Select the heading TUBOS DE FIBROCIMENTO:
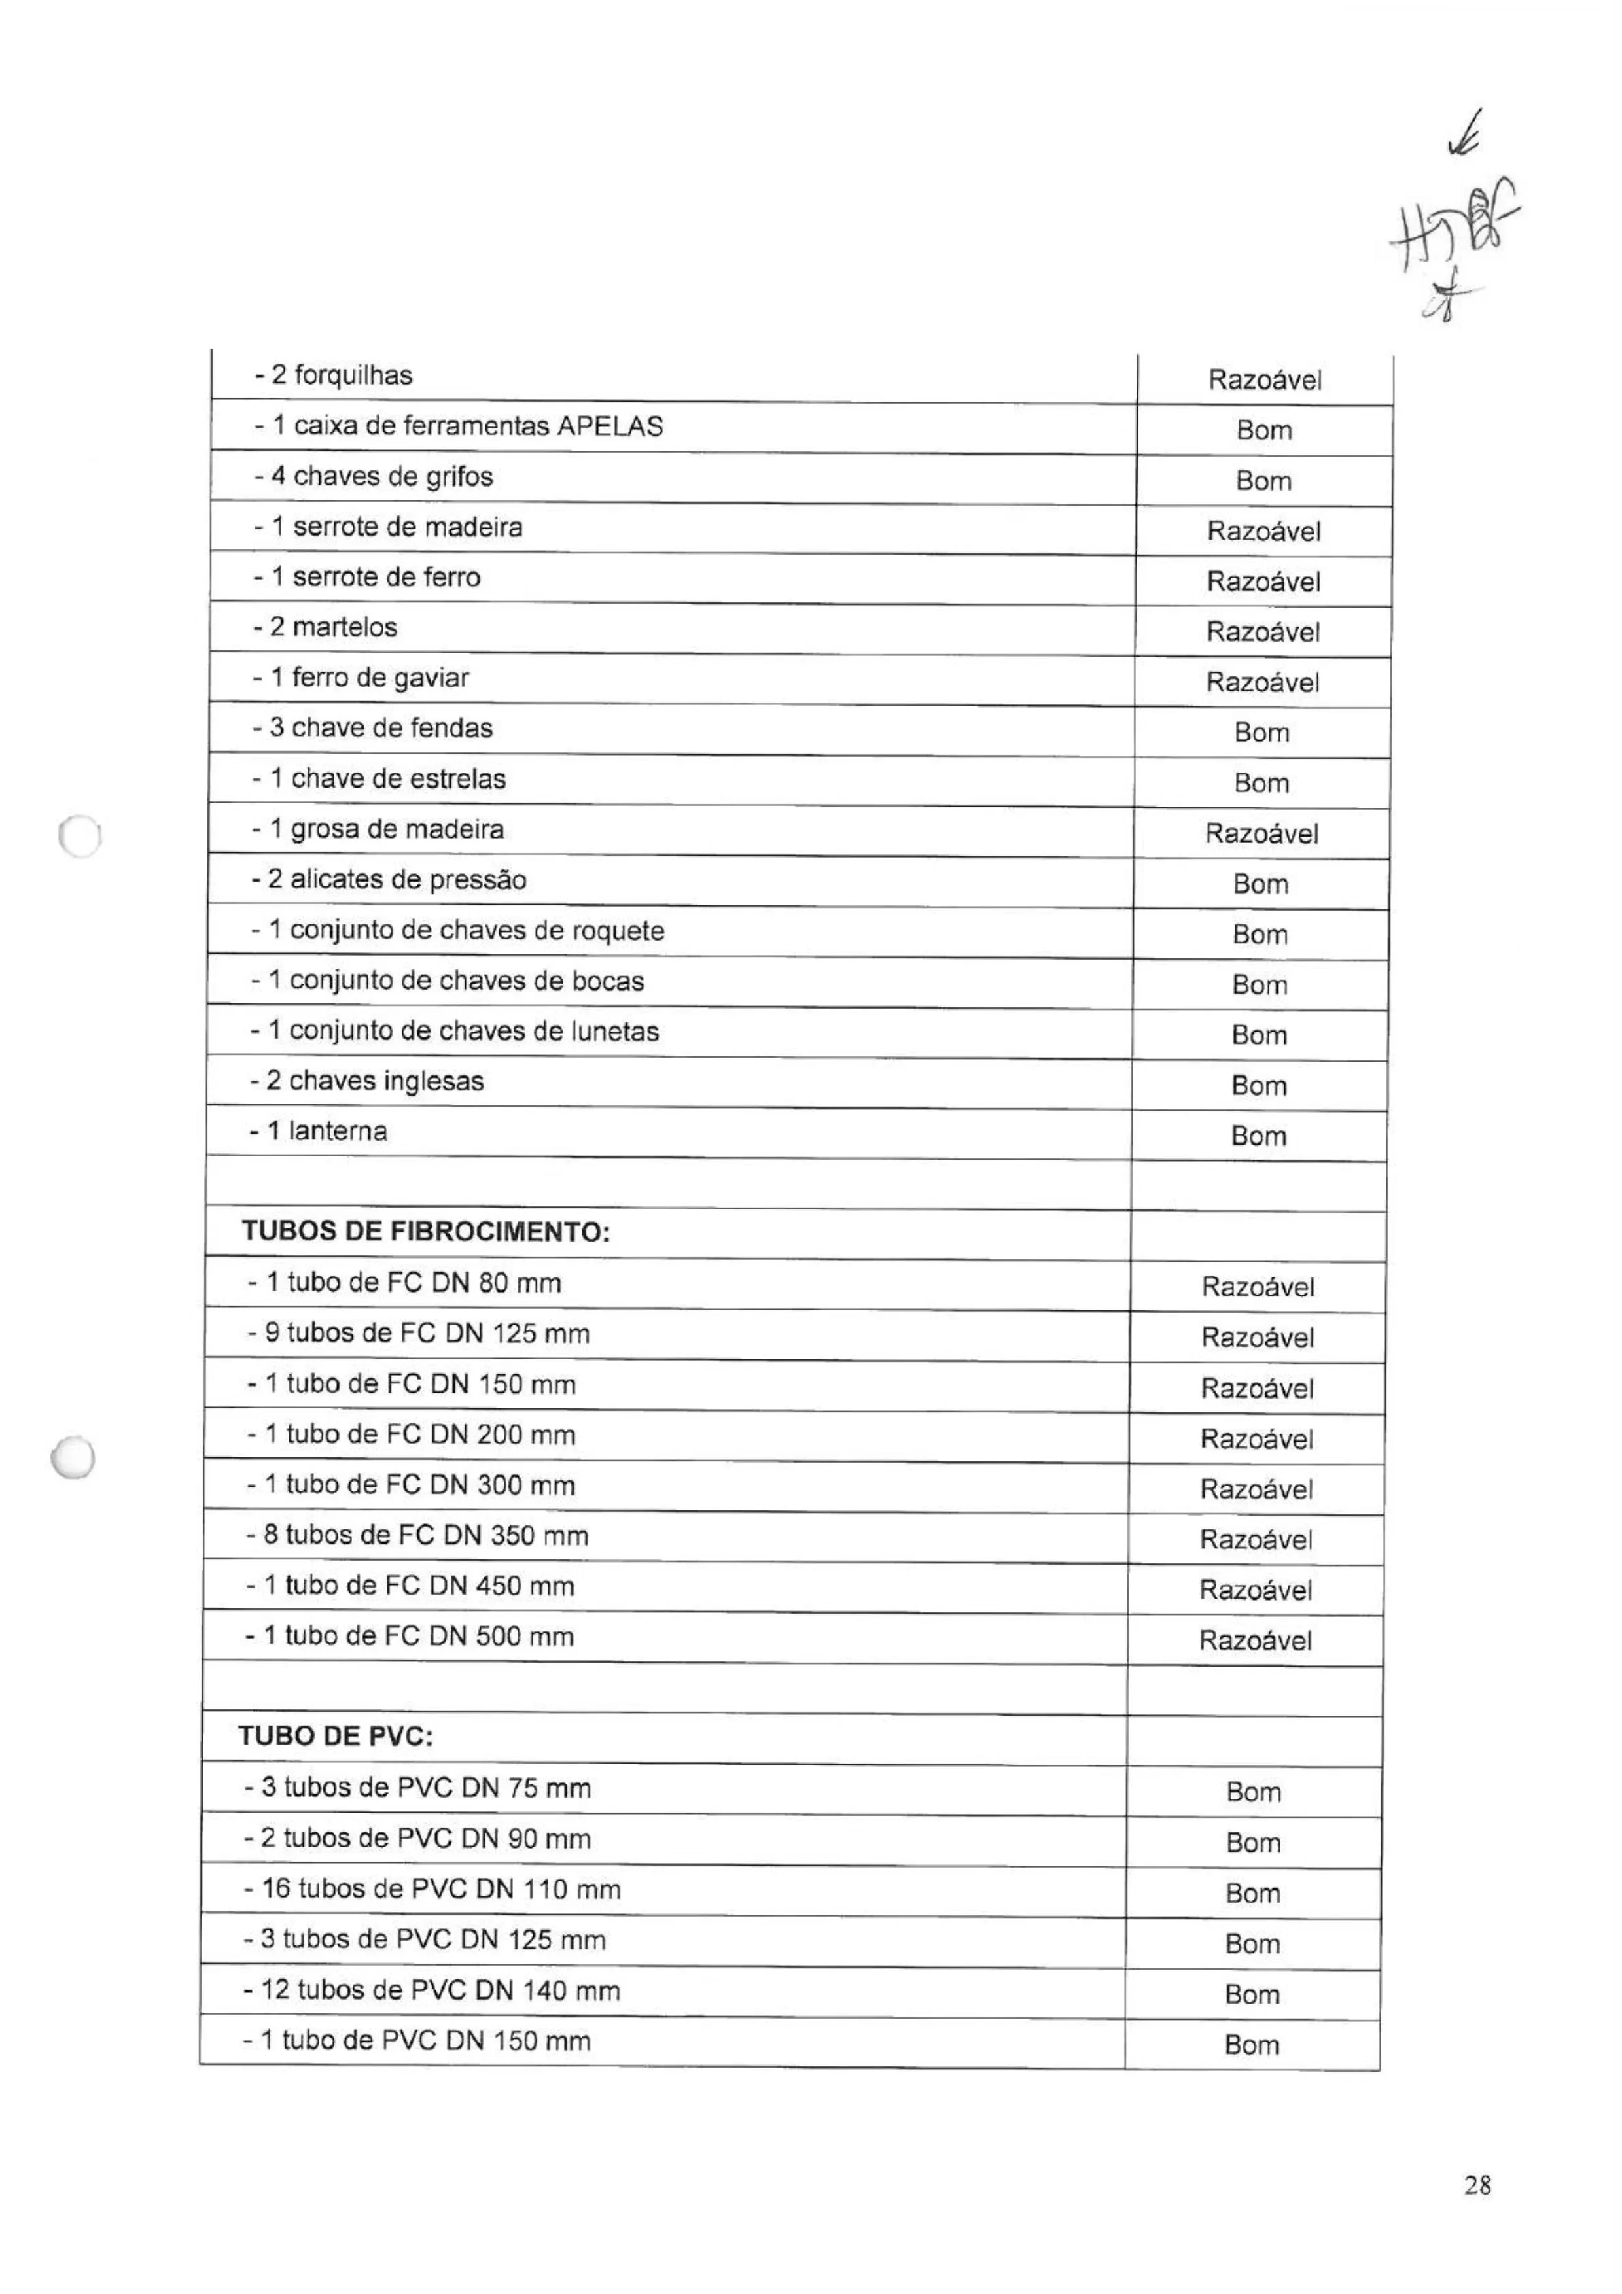[425, 1231]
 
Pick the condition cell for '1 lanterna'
[1258, 1136]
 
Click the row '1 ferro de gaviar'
[361, 678]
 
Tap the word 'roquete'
[616, 931]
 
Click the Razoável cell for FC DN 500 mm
[1255, 1641]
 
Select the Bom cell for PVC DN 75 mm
[1253, 1792]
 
